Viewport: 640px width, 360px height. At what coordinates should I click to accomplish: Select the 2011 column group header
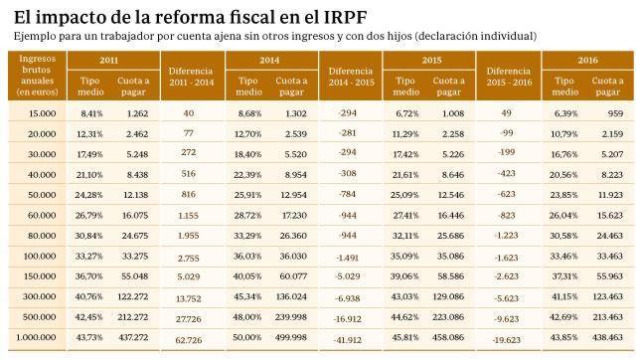click(x=109, y=60)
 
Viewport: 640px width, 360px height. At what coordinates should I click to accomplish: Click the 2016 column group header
click(x=586, y=60)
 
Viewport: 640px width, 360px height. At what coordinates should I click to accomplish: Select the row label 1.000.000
click(x=37, y=338)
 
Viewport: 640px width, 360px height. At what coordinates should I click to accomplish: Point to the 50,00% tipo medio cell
click(x=249, y=338)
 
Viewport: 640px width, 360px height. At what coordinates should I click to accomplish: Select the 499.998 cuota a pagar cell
click(x=291, y=338)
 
